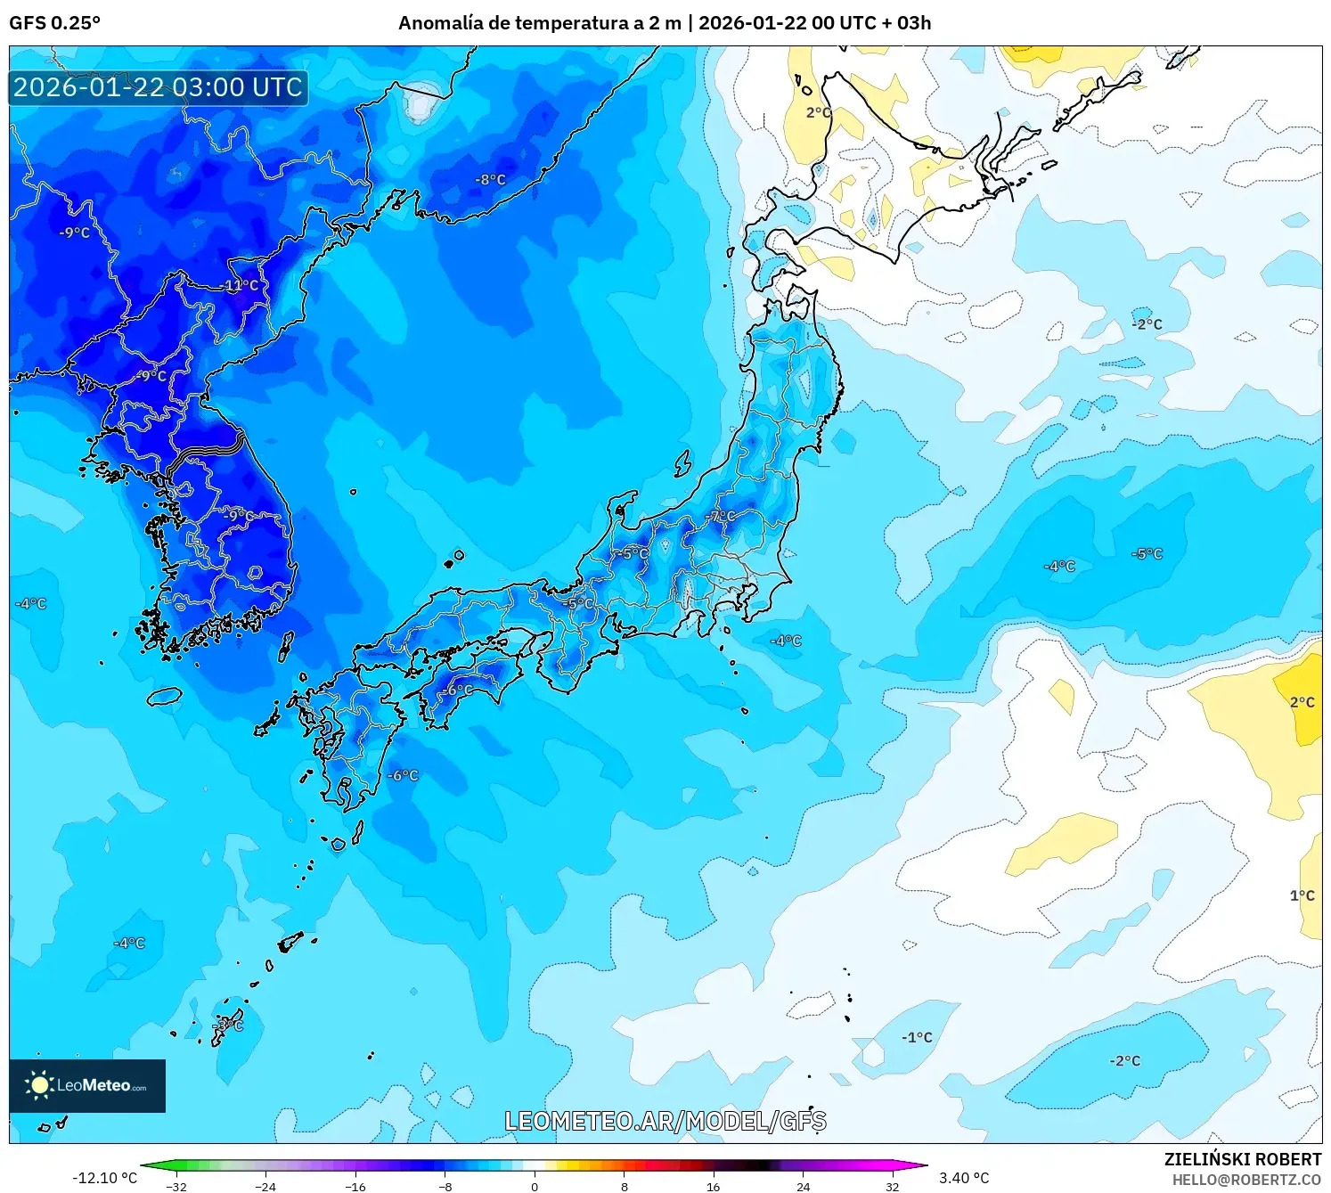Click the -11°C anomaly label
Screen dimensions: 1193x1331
pos(239,285)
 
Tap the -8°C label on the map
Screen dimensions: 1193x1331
pos(490,179)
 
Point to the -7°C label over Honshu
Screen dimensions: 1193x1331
pos(722,516)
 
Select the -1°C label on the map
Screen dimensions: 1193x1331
pos(917,1037)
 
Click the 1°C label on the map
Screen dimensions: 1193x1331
pos(1302,895)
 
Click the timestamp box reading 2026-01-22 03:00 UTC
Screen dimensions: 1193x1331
pos(159,87)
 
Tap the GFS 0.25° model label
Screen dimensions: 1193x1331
pos(55,23)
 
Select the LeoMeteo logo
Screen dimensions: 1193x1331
pos(87,1085)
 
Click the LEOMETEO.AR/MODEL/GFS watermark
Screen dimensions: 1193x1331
pos(665,1121)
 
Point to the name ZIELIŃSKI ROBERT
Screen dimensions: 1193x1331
pos(1243,1159)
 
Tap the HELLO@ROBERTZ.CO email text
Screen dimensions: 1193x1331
pos(1246,1180)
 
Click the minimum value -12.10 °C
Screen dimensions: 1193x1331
pos(104,1178)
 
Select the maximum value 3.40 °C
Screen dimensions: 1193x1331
pos(964,1178)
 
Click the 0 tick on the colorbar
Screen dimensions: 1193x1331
pos(535,1186)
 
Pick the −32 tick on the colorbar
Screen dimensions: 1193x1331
pos(176,1186)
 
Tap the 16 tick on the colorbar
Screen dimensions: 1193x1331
pos(713,1186)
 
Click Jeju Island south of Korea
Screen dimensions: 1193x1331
pos(165,696)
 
